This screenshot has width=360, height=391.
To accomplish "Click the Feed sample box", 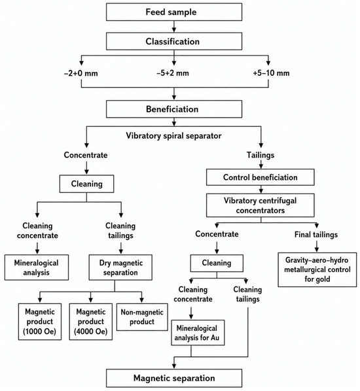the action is tap(174, 12).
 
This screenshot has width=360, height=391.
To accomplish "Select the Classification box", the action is tap(174, 41).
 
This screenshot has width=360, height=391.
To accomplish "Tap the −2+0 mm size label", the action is tap(81, 73).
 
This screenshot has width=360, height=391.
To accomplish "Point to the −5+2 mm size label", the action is tap(173, 73).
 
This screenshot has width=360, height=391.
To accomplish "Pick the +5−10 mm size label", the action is tap(271, 73).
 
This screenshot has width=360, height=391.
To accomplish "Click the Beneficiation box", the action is tap(174, 109).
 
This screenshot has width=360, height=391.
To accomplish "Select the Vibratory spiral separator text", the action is tap(173, 135).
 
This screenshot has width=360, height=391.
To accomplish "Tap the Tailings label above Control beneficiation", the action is tap(261, 155).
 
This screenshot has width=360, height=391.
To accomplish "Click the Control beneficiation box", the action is tap(260, 177).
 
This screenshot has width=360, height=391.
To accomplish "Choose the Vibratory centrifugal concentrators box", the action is tap(260, 205).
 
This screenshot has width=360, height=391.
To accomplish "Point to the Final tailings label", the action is tap(316, 235).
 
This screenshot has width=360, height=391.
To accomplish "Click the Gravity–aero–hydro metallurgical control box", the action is tap(317, 269).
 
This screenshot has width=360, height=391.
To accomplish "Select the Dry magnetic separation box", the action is tap(120, 267).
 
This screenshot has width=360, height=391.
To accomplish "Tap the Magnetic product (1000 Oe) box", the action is tap(40, 322).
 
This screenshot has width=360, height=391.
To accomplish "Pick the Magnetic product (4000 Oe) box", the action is tap(91, 322).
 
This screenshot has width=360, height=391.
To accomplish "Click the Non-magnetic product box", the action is tap(142, 317).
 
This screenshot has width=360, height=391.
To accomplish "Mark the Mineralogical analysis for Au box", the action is tap(198, 333).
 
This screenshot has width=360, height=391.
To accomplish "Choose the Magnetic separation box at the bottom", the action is tap(174, 378).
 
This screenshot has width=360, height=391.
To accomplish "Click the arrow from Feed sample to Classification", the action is tap(174, 27).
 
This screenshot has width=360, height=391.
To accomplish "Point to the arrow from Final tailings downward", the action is tap(317, 246).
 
